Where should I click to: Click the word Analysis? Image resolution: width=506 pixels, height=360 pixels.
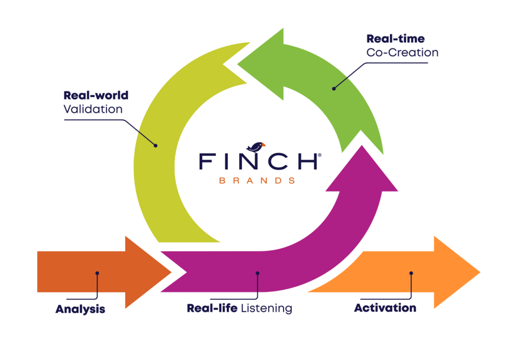[x=80, y=309]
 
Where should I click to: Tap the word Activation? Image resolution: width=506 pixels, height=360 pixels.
[x=385, y=308]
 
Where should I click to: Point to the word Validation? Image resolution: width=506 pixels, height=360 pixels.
[x=93, y=109]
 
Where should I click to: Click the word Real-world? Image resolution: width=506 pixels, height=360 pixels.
[x=96, y=95]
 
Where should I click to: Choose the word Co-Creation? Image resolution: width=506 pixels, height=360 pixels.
[x=402, y=52]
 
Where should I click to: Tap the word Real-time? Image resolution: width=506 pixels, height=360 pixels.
[x=395, y=39]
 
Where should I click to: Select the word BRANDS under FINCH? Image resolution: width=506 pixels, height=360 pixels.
[x=257, y=180]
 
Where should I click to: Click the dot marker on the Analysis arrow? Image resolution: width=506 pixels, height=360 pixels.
[x=97, y=273]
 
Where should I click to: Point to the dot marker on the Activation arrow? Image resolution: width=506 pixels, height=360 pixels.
[x=411, y=273]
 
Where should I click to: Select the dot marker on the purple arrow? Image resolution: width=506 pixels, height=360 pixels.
[x=257, y=273]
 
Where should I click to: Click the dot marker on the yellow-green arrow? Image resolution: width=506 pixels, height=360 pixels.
[x=156, y=145]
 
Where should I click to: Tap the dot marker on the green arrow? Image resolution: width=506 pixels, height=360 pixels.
[x=334, y=89]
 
